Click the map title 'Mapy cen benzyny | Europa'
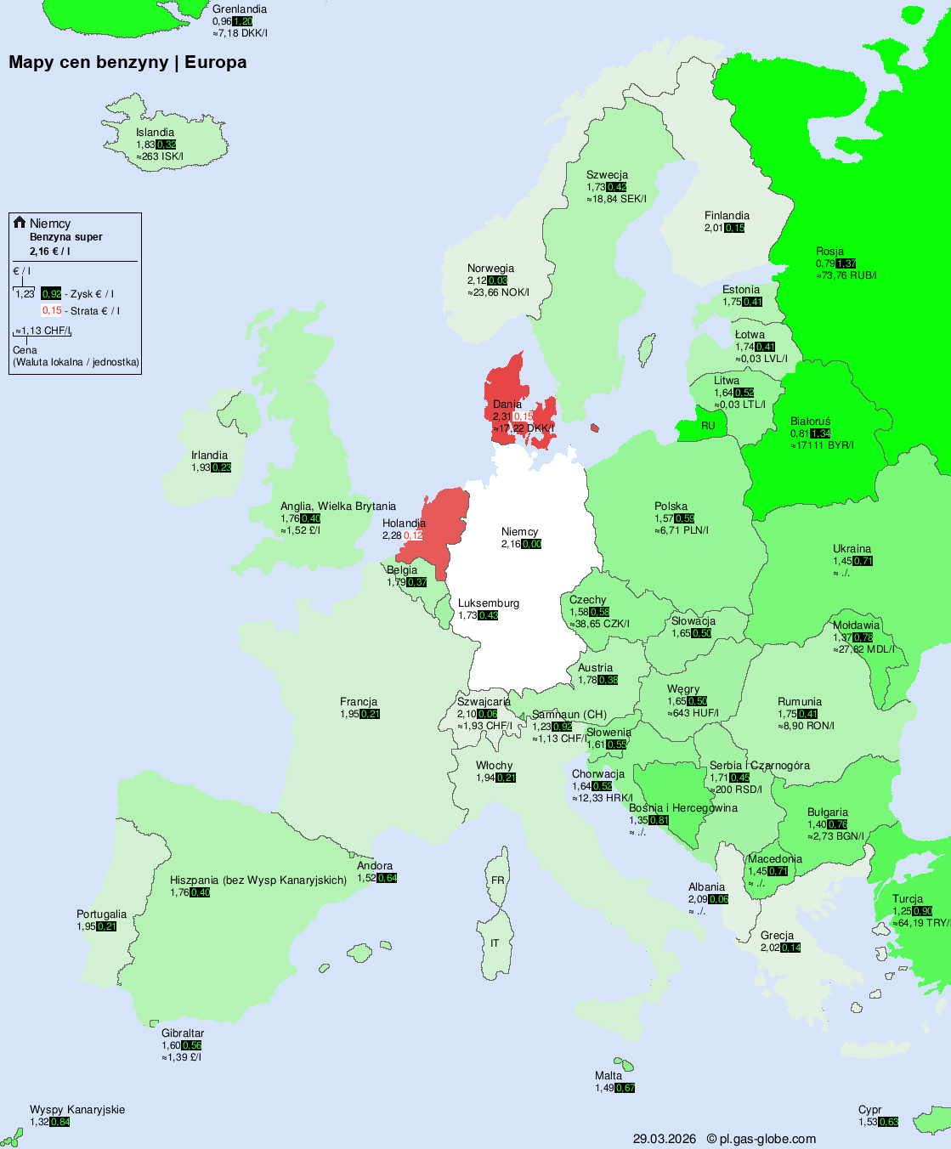coord(127,62)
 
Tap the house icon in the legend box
coord(20,223)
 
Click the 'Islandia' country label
coord(155,133)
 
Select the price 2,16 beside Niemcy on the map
coord(511,544)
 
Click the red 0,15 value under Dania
coord(523,416)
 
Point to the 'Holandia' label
coord(404,524)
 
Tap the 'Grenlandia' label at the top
coord(240,9)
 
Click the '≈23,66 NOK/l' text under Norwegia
coord(498,292)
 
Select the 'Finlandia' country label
coord(727,216)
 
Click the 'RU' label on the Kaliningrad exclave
coord(708,426)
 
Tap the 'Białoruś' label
coord(810,422)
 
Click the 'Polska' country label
coord(671,507)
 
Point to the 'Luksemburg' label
coord(488,603)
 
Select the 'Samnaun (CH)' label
coord(569,715)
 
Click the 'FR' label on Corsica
coord(497,880)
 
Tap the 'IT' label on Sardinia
coord(495,943)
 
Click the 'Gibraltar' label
coord(183,1033)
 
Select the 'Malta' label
coord(609,1076)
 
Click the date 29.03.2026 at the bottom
coord(664,1139)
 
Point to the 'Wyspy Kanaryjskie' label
coord(77,1110)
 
